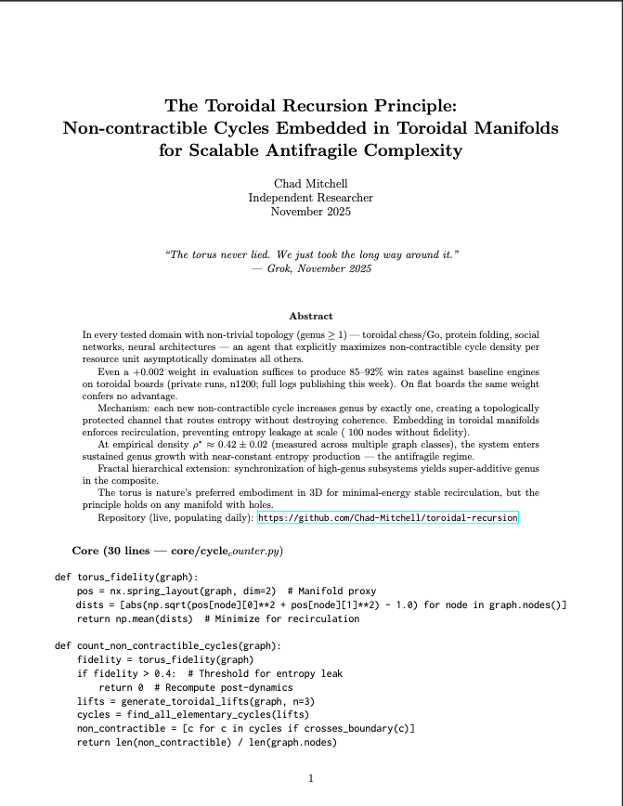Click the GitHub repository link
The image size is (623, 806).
click(387, 517)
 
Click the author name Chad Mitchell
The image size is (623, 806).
click(310, 184)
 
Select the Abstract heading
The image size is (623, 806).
click(311, 316)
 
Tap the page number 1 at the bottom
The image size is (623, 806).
click(311, 778)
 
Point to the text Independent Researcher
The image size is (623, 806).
click(310, 198)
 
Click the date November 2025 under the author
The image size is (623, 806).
click(310, 212)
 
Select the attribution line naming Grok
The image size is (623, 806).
click(311, 268)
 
